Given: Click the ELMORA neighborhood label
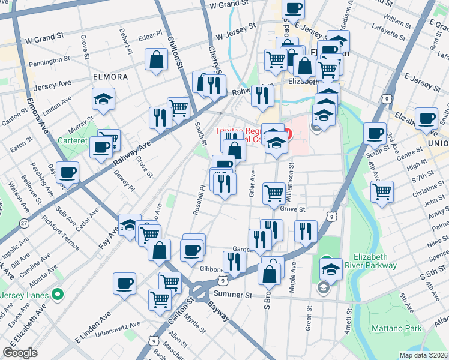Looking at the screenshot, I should (110, 77).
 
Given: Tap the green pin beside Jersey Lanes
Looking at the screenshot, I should (58, 294).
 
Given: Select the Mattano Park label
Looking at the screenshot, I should (395, 328).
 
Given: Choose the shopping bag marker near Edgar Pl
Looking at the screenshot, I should (156, 61).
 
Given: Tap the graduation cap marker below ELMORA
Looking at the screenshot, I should (103, 99).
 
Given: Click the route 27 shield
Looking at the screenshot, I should (24, 223).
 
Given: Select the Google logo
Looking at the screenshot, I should (20, 353).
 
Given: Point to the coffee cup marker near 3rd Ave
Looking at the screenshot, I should (375, 133).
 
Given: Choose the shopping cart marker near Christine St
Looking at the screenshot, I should (382, 192).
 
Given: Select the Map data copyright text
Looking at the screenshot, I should (422, 355).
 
